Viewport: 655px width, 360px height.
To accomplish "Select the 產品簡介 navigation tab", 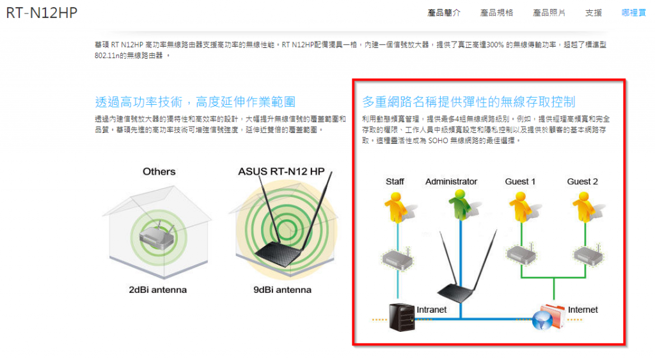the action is click(x=444, y=13).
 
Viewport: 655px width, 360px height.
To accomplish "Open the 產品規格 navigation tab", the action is click(x=496, y=13).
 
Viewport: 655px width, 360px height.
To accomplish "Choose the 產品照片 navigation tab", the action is click(x=549, y=13).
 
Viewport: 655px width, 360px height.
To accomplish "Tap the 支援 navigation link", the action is click(x=593, y=13).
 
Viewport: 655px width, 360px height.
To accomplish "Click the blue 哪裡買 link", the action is click(x=634, y=13).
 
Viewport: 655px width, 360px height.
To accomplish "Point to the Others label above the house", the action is click(x=159, y=171).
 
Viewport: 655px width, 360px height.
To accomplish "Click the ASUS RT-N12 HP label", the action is click(x=281, y=171).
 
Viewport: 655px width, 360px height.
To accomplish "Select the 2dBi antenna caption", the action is click(x=157, y=290).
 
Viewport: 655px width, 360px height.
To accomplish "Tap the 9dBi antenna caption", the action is click(x=282, y=290).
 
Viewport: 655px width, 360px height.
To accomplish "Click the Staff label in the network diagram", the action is click(x=395, y=182).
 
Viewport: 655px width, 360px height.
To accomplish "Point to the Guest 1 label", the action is click(x=520, y=182).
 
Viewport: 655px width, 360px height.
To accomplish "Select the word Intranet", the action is click(x=432, y=309).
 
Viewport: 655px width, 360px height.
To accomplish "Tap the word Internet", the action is click(x=583, y=309).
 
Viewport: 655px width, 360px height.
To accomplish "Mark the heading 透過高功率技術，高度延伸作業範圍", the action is click(x=194, y=102).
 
